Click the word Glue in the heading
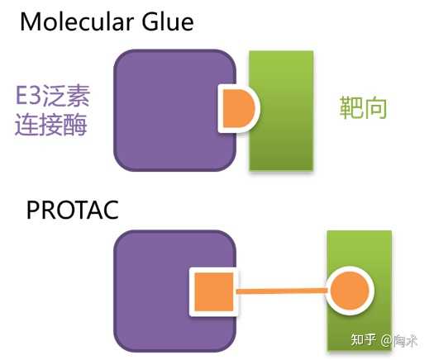point(168,21)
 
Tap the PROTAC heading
point(73,210)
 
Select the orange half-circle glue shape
point(239,108)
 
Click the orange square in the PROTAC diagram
point(214,291)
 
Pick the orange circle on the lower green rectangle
point(350,291)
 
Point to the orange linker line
point(282,291)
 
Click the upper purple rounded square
point(175,110)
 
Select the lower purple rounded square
point(175,291)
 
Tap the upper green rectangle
point(281,111)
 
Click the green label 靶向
point(363,107)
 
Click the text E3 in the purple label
point(28,95)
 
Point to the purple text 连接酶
point(51,125)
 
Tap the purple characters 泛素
point(66,95)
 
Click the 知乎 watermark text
point(363,339)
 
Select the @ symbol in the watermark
point(386,340)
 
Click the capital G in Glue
point(150,21)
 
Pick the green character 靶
point(350,107)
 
